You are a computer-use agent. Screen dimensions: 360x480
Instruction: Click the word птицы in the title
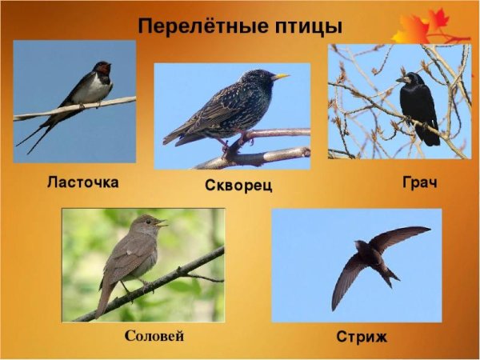[x=304, y=26]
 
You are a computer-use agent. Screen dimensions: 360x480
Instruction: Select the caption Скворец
[x=238, y=186]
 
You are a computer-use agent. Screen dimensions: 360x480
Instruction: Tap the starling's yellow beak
[x=281, y=78]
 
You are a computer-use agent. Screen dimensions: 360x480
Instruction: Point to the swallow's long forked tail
[x=36, y=138]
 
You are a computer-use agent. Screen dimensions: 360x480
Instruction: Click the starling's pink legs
[x=233, y=145]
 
